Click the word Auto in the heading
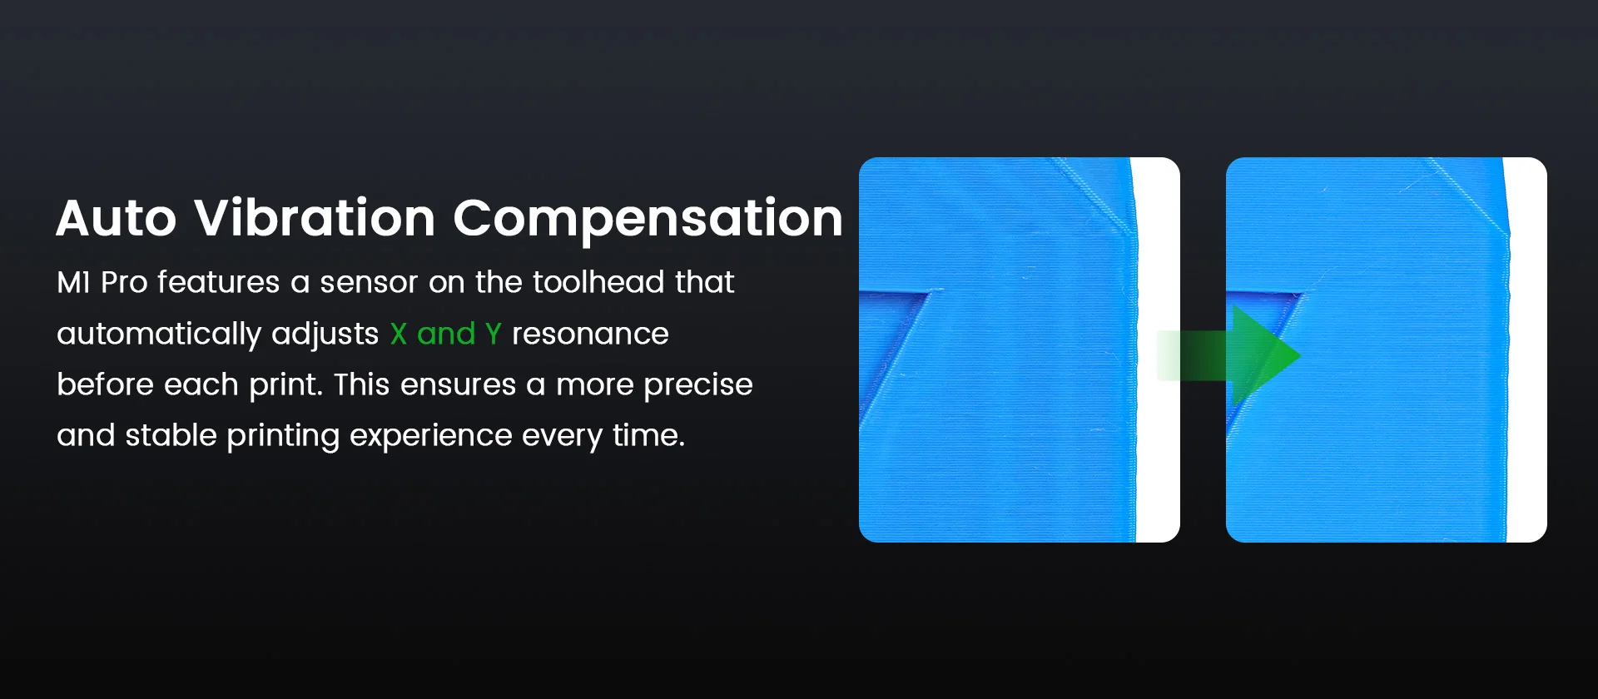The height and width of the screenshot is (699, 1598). pyautogui.click(x=117, y=218)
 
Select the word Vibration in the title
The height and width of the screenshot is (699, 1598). pyautogui.click(x=315, y=218)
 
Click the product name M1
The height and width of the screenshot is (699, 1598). pyautogui.click(x=73, y=283)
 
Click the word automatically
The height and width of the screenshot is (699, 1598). pyautogui.click(x=159, y=335)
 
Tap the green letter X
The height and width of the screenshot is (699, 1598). pyautogui.click(x=399, y=335)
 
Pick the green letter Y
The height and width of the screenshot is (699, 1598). pyautogui.click(x=493, y=335)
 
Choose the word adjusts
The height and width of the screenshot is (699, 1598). pyautogui.click(x=325, y=335)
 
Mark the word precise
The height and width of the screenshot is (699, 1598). pyautogui.click(x=697, y=385)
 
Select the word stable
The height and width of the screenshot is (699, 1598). pyautogui.click(x=171, y=435)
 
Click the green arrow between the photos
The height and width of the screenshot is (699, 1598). pyautogui.click(x=1228, y=355)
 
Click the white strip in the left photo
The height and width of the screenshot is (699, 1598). pyautogui.click(x=1158, y=349)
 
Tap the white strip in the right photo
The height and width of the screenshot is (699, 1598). pyautogui.click(x=1526, y=349)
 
